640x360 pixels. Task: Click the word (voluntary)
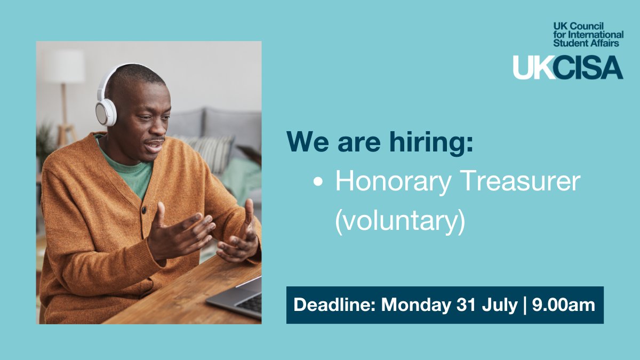click(400, 220)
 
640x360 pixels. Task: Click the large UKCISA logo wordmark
click(567, 67)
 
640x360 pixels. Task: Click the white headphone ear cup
click(106, 110)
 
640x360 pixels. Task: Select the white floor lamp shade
click(65, 67)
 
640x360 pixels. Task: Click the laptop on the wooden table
click(238, 299)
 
